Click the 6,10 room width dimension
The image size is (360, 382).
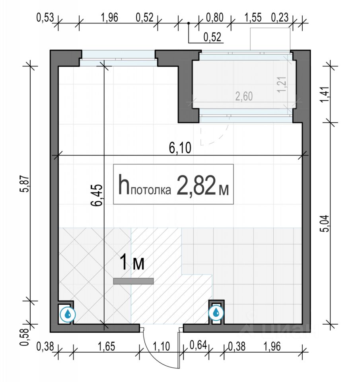click(180, 148)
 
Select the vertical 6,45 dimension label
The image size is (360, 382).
click(97, 195)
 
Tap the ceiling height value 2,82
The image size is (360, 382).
click(196, 185)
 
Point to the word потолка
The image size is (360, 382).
click(151, 190)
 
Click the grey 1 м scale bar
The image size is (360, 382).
click(134, 281)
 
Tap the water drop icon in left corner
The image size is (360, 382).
click(68, 314)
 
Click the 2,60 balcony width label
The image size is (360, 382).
click(244, 96)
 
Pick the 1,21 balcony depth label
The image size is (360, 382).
click(282, 84)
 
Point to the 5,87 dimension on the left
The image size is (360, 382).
click(25, 184)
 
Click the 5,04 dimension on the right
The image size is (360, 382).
click(326, 223)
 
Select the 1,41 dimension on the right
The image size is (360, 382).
click(326, 95)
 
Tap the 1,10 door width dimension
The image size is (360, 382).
click(161, 346)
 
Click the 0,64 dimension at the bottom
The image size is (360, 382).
click(198, 345)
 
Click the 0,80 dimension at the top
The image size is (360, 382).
click(214, 18)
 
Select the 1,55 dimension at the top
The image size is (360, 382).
click(253, 18)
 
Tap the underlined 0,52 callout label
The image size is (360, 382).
click(212, 37)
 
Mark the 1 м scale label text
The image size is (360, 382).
click(132, 262)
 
